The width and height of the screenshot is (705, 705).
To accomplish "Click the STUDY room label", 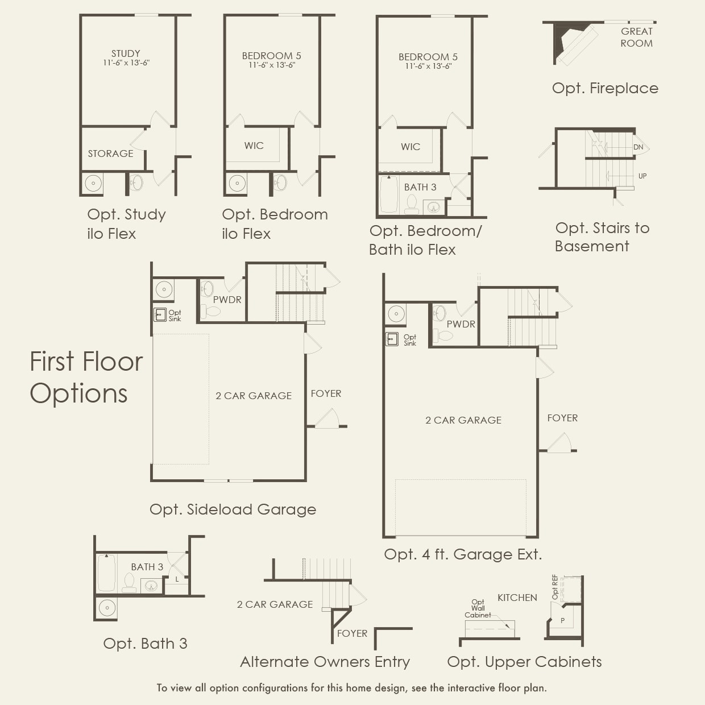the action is (126, 54).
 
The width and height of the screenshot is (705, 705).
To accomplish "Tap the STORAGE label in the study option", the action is (110, 154).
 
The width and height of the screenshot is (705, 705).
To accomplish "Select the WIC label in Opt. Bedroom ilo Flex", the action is (254, 146).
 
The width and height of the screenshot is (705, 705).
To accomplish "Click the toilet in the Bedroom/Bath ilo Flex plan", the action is (412, 204).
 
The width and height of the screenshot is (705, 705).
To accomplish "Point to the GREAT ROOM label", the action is (636, 37).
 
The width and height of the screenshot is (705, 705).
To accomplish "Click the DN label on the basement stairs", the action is (638, 147).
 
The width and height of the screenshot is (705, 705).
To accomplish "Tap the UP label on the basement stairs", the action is (642, 176).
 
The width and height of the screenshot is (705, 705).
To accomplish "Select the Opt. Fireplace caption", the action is (605, 88).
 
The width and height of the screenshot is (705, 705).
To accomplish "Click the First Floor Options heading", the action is (86, 377).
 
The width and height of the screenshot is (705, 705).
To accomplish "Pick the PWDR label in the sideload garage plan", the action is (227, 300).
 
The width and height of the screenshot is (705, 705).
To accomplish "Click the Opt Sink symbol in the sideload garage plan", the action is (160, 314).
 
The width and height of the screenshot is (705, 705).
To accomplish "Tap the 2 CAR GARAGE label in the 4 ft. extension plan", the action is (463, 420).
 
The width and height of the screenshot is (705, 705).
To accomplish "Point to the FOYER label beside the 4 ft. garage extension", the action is (562, 418).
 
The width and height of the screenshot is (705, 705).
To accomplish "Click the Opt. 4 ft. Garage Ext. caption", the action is (463, 554).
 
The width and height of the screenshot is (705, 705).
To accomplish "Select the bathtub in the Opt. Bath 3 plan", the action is (106, 573).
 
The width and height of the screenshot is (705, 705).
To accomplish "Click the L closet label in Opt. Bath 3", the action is (177, 579).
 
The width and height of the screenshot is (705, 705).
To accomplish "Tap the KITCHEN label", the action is (517, 598).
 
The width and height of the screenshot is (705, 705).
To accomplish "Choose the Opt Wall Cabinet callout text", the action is (478, 608).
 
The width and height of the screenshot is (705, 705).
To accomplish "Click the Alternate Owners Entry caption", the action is (325, 662).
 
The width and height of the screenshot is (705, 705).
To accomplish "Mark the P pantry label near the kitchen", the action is (562, 620).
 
